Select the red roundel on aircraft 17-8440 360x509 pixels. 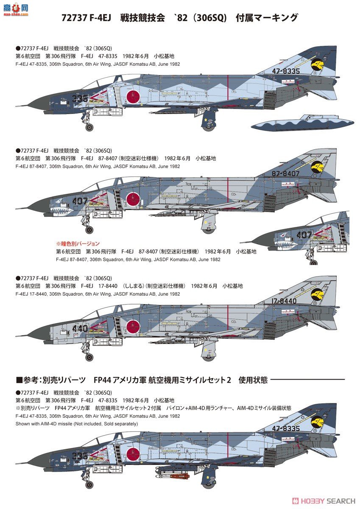coord(133,326)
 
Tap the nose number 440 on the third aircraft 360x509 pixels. coord(80,328)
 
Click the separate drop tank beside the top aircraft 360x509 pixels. coord(303,123)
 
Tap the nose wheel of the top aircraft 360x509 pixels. coord(89,127)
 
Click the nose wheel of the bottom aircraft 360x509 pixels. coord(89,484)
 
